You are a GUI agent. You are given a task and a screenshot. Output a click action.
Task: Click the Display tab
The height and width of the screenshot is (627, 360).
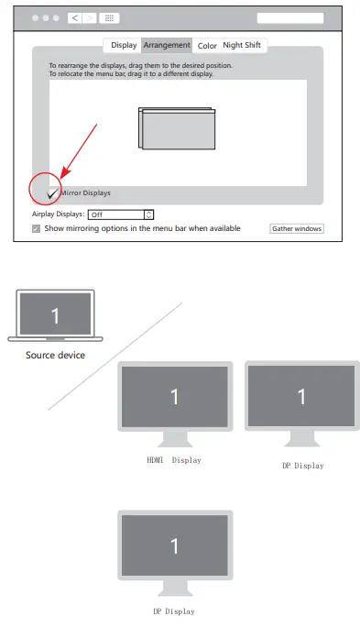124,45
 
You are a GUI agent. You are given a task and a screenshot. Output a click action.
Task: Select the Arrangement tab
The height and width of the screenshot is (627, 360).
167,45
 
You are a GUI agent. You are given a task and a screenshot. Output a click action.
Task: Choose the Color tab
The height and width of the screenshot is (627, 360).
207,45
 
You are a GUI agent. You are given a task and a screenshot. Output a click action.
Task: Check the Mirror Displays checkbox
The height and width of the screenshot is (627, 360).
52,192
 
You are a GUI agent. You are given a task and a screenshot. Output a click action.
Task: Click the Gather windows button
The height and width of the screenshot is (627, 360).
296,228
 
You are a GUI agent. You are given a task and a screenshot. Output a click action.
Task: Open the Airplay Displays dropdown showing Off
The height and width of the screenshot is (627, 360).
121,214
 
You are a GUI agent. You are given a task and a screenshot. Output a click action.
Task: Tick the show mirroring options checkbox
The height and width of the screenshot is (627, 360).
37,228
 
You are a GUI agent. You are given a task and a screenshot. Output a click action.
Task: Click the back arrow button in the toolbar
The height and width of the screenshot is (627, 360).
74,18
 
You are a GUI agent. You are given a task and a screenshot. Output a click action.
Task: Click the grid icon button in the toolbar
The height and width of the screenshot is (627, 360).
108,18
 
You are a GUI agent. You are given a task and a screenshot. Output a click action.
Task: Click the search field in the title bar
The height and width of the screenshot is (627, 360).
289,18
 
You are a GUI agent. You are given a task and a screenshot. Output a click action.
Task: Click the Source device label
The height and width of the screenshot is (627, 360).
55,355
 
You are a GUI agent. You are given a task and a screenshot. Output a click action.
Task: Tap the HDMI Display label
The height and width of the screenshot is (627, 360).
174,459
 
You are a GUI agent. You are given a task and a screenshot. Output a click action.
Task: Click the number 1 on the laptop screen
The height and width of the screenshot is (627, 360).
55,316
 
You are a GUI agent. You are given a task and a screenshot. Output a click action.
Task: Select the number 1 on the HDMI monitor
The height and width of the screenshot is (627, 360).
174,396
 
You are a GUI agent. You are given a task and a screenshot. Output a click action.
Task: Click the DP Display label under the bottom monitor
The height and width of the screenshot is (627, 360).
174,610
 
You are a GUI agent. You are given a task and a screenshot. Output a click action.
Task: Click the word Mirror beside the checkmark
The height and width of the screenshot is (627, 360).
71,193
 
